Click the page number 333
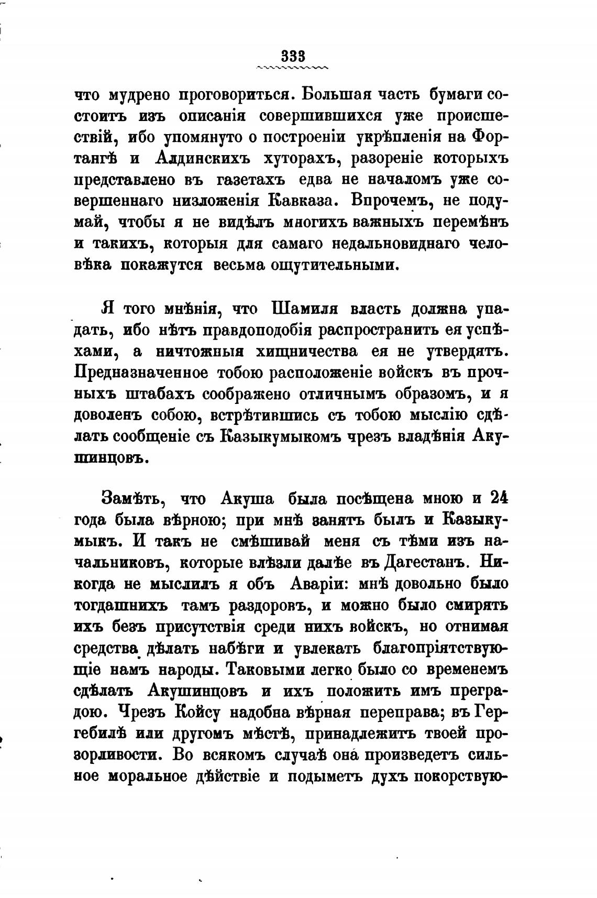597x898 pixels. pyautogui.click(x=293, y=56)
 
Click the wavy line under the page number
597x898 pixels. pyautogui.click(x=293, y=68)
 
